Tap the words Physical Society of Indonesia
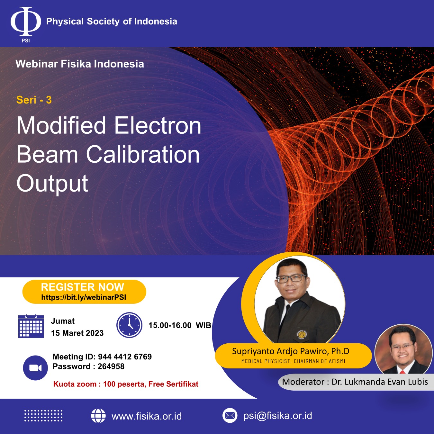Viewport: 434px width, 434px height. (x=112, y=22)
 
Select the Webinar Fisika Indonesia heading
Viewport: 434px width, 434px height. (x=80, y=64)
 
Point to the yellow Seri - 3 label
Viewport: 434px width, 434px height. (x=34, y=100)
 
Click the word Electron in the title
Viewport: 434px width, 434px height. (x=158, y=125)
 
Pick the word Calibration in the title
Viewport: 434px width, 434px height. (x=143, y=154)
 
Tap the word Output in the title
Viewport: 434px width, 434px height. (x=52, y=184)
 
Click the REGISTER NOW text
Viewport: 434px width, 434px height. (x=82, y=287)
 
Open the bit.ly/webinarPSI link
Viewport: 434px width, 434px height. (x=84, y=297)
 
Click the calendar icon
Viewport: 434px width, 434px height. (x=31, y=326)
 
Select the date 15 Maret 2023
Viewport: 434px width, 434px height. (x=77, y=333)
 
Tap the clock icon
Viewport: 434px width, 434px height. (x=129, y=325)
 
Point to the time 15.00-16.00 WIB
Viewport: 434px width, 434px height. (x=180, y=325)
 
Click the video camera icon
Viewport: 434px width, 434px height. (x=35, y=368)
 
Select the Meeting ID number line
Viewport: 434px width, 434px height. (x=102, y=357)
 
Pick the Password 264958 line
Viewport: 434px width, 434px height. (x=88, y=366)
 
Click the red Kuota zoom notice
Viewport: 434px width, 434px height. (x=126, y=384)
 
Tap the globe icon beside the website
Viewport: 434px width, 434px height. (x=98, y=416)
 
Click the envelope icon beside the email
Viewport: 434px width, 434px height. (x=230, y=416)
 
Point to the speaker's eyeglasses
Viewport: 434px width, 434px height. (x=291, y=279)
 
